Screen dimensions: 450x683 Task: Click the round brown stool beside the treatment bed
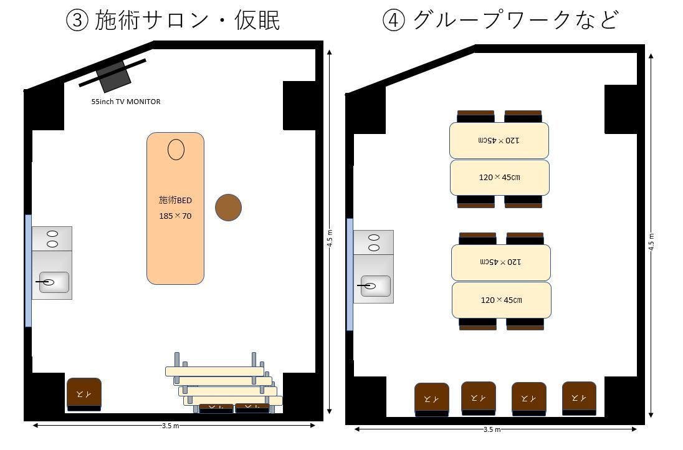(228, 208)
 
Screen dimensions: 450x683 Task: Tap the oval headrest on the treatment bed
(176, 150)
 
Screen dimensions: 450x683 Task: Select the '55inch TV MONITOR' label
(126, 102)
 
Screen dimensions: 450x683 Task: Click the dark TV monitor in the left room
(113, 76)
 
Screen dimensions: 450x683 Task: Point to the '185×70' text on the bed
(175, 216)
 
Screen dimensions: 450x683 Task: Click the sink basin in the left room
(54, 282)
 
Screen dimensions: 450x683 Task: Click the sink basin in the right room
(375, 286)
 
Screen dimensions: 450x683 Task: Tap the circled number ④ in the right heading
(393, 21)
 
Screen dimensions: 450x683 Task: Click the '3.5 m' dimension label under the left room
(171, 426)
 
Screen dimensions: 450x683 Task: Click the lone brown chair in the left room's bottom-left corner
(84, 394)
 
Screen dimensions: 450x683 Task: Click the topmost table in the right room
(499, 140)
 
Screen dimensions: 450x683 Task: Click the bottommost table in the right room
(501, 300)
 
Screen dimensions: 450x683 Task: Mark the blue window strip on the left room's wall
(28, 270)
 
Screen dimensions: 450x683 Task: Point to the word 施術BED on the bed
(175, 200)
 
